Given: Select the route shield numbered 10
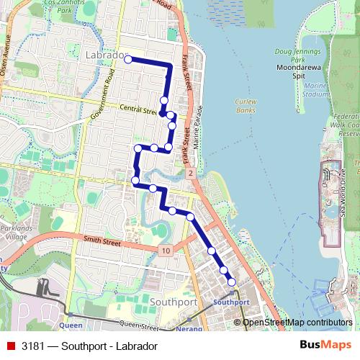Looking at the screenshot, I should pyautogui.click(x=166, y=250).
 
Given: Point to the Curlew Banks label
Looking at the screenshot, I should pyautogui.click(x=246, y=106).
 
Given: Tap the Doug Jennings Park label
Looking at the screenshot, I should pyautogui.click(x=297, y=56).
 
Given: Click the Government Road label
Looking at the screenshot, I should pyautogui.click(x=102, y=96).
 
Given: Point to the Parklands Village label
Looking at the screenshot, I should pyautogui.click(x=16, y=233).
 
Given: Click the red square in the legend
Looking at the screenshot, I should pyautogui.click(x=11, y=346).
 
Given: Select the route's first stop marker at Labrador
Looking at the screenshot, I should pyautogui.click(x=127, y=60).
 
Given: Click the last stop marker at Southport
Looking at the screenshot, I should pyautogui.click(x=232, y=282).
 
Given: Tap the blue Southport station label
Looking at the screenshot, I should pyautogui.click(x=232, y=302).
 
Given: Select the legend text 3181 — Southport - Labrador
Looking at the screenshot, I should pyautogui.click(x=89, y=346).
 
